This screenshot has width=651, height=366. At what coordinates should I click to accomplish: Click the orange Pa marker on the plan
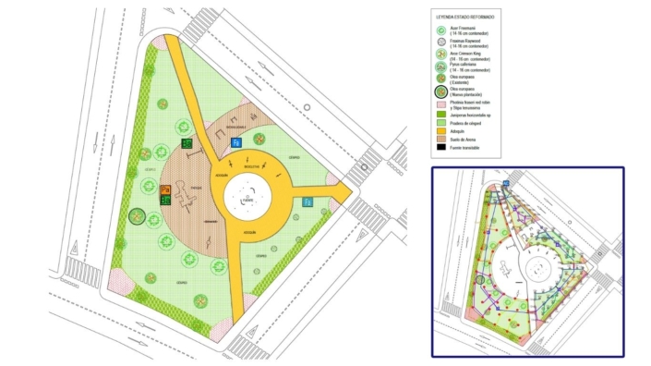click(166, 190)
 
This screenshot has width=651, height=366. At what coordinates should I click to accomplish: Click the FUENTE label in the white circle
click(246, 200)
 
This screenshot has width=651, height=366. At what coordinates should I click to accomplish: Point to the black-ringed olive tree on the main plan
click(138, 218)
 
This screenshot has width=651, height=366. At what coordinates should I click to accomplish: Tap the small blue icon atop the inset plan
click(504, 183)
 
